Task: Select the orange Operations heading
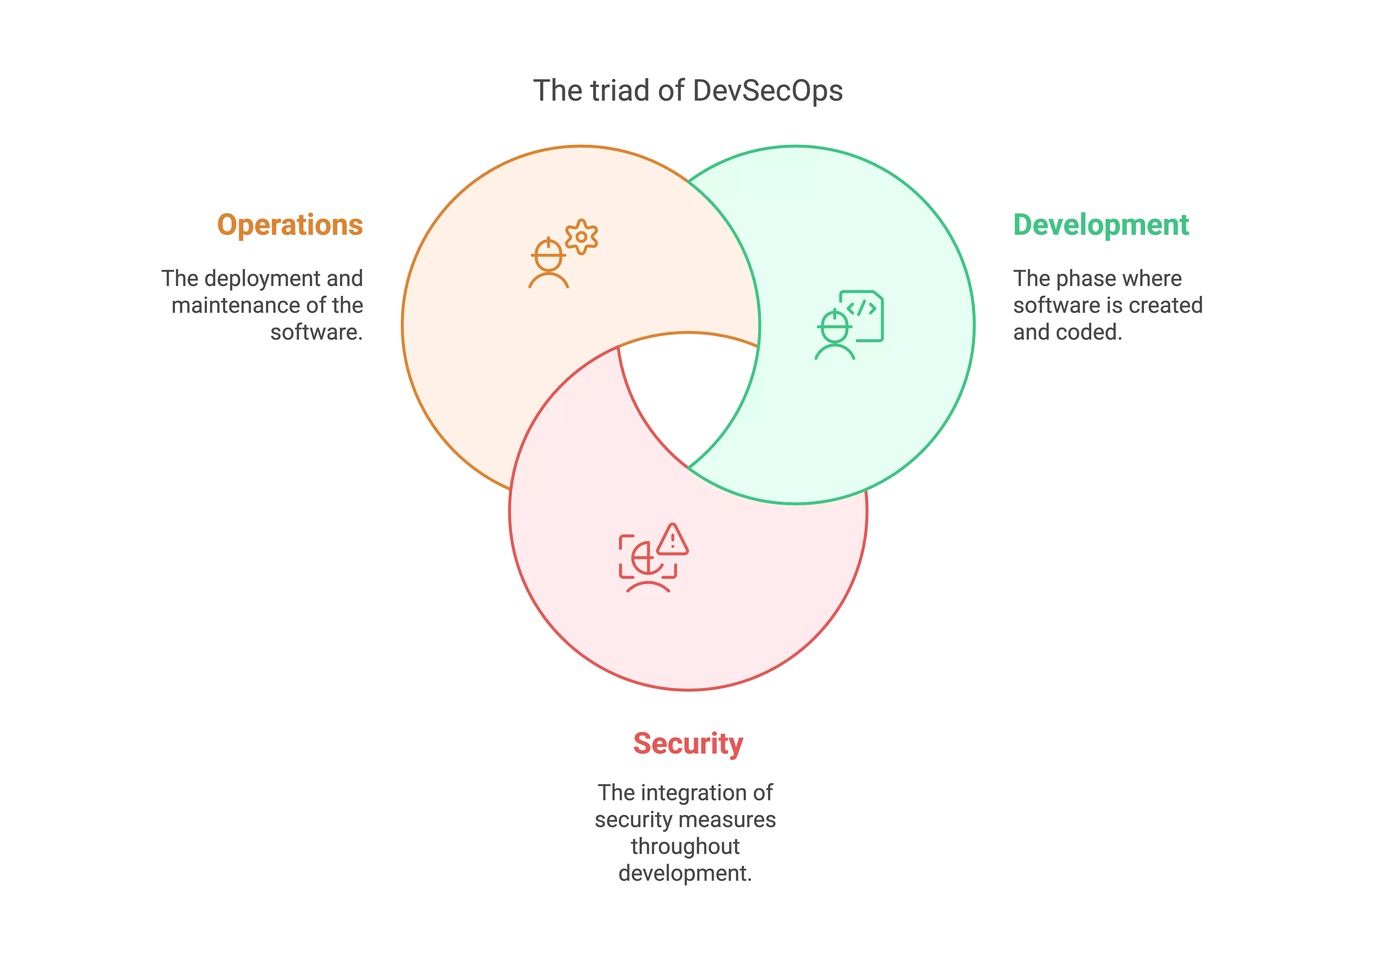click(x=290, y=226)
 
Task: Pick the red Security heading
click(x=688, y=744)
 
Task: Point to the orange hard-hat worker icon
click(x=548, y=265)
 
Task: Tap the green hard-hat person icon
click(x=835, y=336)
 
